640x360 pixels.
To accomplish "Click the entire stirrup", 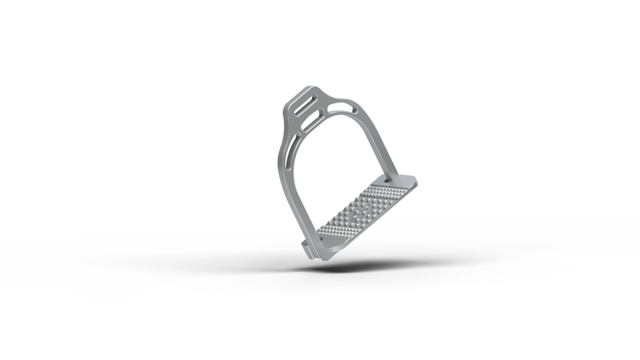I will (344, 172).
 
